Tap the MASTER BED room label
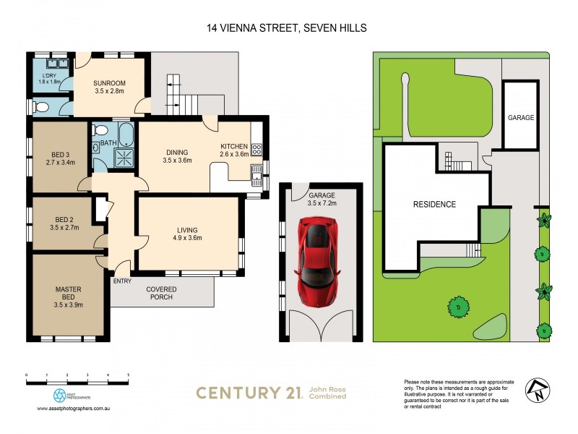[x=69, y=296]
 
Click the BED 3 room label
[x=61, y=158]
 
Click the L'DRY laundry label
[x=49, y=77]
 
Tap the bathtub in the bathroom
[x=126, y=135]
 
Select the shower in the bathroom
[x=126, y=158]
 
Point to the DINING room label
[x=177, y=156]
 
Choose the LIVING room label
[x=186, y=233]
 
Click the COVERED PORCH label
[x=162, y=294]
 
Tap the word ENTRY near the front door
[x=123, y=281]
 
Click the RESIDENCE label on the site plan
[x=434, y=204]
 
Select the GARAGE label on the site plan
[x=521, y=117]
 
